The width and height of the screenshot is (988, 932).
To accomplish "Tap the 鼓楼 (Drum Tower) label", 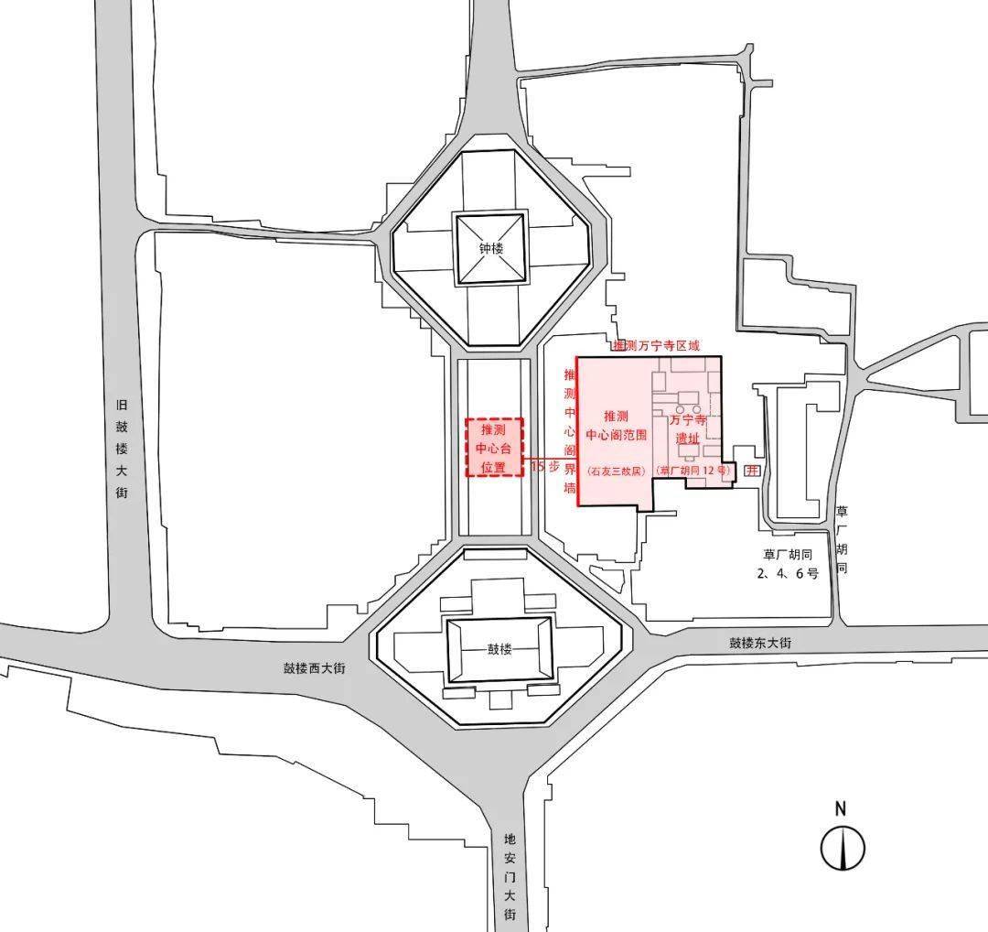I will click(x=499, y=650).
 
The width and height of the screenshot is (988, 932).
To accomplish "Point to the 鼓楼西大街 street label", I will click(x=314, y=668).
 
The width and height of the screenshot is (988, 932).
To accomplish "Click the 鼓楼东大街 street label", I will click(x=760, y=643).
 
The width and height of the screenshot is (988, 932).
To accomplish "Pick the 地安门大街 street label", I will click(x=510, y=875).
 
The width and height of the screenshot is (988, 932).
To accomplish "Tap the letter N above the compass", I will click(x=841, y=808).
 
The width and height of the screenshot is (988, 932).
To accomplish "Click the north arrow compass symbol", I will click(x=842, y=848).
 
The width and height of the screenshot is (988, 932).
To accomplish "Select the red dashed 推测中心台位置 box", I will click(x=494, y=448).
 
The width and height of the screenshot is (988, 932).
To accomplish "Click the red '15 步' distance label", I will click(x=545, y=466).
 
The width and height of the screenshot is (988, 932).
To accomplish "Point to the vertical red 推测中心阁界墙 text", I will click(x=570, y=430).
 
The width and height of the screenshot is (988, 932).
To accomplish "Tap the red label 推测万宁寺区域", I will click(x=656, y=346).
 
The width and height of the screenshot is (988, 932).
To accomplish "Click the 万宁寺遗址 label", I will click(x=687, y=429).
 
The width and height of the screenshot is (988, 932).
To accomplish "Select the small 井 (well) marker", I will click(x=752, y=471).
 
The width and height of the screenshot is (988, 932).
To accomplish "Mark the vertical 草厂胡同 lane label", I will click(x=843, y=540).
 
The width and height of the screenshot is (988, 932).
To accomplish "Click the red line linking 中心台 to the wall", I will click(x=550, y=457).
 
